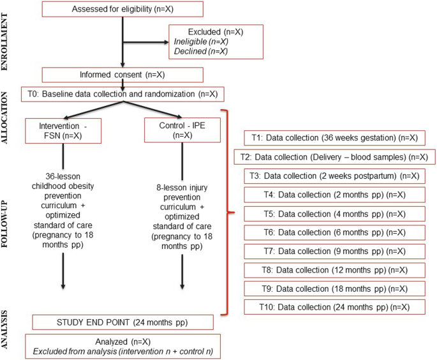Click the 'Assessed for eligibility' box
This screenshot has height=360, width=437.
click(x=122, y=10)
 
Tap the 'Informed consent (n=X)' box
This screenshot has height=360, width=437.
click(x=122, y=75)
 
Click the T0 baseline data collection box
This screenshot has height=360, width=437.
click(x=123, y=94)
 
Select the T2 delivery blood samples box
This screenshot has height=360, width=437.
click(x=334, y=157)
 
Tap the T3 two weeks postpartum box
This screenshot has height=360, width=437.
click(x=334, y=176)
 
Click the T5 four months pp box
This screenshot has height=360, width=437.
click(x=334, y=214)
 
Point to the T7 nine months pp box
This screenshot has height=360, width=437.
click(x=334, y=251)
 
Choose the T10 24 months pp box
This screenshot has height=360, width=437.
click(x=334, y=308)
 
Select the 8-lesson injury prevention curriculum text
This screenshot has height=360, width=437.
click(x=183, y=207)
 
